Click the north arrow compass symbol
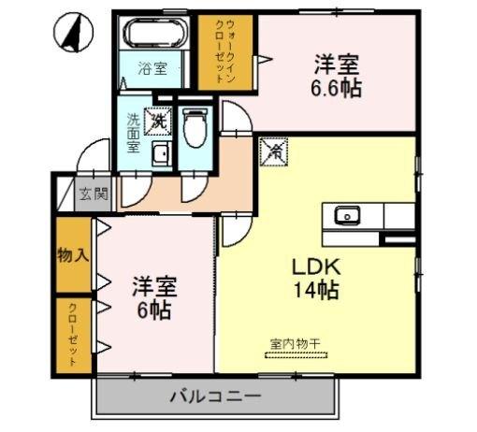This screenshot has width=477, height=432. (x=74, y=35)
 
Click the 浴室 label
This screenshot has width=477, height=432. (x=153, y=68)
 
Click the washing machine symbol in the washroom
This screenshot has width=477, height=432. (x=160, y=120)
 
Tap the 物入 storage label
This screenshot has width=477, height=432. (x=73, y=254)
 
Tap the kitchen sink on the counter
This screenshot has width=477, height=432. (x=348, y=216)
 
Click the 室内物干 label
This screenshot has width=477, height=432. (x=296, y=344)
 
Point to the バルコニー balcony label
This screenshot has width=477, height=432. (x=214, y=396)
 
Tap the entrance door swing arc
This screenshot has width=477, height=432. (x=93, y=154)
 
